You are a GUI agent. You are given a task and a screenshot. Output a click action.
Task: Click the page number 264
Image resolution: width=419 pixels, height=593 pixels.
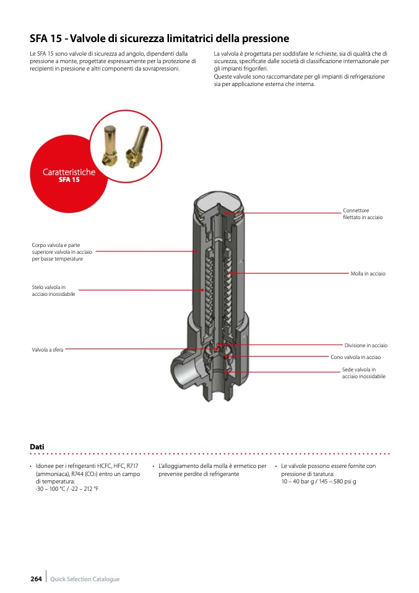[36, 579]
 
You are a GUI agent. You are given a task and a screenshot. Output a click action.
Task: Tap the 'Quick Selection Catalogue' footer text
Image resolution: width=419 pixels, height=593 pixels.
[85, 579]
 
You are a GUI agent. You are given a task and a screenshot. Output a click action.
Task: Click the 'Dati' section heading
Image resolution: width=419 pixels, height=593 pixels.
[37, 447]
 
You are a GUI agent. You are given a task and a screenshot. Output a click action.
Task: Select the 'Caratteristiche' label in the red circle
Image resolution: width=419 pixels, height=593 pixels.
[69, 172]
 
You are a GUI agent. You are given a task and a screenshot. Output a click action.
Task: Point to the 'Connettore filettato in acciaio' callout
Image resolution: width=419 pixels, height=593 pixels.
[363, 214]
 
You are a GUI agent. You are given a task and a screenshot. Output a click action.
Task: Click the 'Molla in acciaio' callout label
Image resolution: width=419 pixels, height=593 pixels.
[368, 274]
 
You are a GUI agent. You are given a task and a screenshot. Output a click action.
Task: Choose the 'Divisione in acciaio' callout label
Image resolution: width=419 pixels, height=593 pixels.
[366, 345]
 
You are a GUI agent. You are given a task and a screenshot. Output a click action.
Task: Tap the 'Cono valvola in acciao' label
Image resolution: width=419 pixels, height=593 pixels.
[355, 357]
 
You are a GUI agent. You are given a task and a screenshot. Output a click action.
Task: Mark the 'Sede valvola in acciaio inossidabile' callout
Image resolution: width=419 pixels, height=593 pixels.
[363, 373]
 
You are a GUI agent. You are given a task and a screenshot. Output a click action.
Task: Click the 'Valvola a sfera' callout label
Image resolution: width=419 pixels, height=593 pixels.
[47, 350]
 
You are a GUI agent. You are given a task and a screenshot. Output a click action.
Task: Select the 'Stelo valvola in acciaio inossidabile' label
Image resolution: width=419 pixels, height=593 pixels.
[53, 290]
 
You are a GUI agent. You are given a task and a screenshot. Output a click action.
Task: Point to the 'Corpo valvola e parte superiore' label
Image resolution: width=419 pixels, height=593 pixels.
[62, 252]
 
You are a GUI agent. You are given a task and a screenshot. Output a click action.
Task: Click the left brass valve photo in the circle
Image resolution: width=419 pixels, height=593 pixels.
[110, 144]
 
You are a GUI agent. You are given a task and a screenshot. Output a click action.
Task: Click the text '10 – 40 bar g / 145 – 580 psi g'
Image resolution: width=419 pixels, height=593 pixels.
[318, 482]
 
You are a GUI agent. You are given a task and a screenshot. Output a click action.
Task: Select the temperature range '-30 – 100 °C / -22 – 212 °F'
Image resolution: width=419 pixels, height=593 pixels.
[67, 489]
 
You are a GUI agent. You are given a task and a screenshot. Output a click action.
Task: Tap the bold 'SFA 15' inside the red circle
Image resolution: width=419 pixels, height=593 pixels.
[69, 180]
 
